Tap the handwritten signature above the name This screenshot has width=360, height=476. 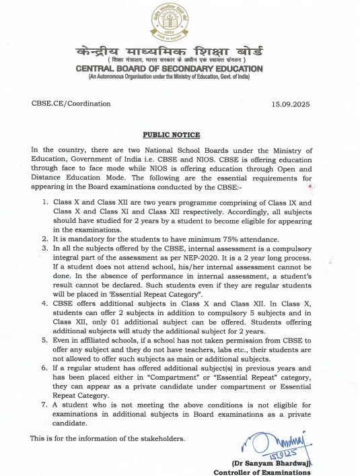click(283, 444)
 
